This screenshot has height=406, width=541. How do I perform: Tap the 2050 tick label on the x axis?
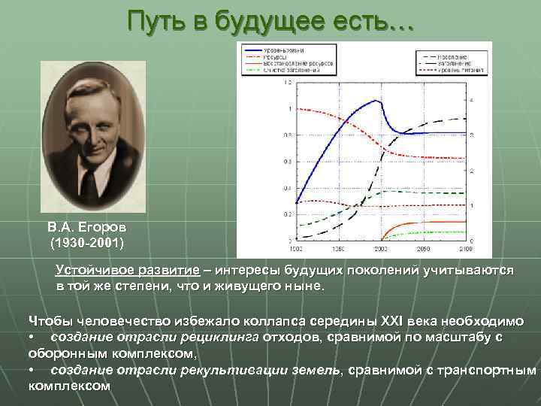tap(425, 247)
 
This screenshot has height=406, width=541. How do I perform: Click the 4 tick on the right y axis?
tap(472, 101)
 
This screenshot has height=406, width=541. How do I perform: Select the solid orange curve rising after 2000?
tap(421, 222)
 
